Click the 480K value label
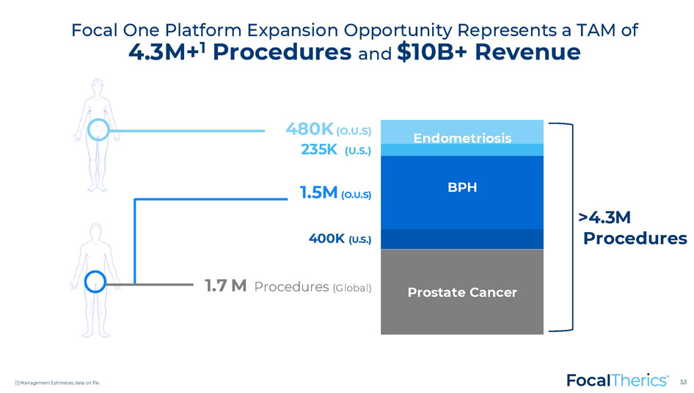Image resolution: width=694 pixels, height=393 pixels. [x=310, y=129]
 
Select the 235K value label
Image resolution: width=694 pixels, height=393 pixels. [x=318, y=149]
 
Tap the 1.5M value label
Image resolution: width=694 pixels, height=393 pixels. [x=318, y=192]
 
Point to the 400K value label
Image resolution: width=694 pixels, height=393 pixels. [x=326, y=238]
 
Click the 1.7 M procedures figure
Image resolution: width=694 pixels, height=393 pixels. [x=226, y=286]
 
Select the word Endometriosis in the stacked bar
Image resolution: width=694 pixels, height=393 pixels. [x=462, y=138]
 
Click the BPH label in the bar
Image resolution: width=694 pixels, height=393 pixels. [x=462, y=187]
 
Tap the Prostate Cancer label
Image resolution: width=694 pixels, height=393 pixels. [x=462, y=292]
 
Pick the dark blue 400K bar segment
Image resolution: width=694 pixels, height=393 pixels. [x=462, y=239]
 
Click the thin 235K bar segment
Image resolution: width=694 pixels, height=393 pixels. [x=462, y=150]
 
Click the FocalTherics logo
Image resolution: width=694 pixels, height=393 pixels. [x=617, y=381]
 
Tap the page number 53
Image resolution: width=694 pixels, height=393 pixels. [x=684, y=382]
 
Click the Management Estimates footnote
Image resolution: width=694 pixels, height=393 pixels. [x=57, y=383]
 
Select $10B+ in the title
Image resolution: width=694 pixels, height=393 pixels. [x=431, y=52]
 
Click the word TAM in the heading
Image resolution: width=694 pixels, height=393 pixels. [x=595, y=30]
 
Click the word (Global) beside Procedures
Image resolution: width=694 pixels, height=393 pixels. [x=352, y=288]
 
